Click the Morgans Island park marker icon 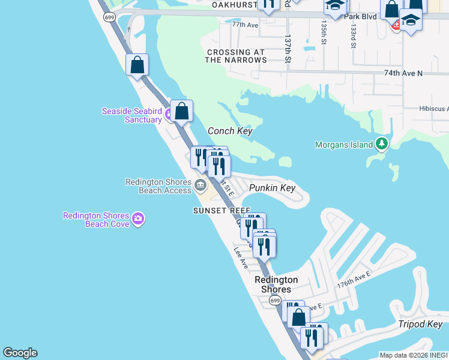[x=381, y=144]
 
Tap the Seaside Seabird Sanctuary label [x=131, y=115]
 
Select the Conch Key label [x=229, y=131]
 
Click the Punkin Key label [x=273, y=188]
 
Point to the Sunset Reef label [x=221, y=211]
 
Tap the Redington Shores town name [x=276, y=284]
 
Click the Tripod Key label [x=420, y=324]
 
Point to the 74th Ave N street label [x=403, y=73]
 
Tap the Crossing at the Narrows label [x=236, y=56]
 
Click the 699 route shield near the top [x=109, y=17]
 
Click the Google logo [x=20, y=353]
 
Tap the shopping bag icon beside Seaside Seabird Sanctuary [x=181, y=111]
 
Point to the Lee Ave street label [x=241, y=257]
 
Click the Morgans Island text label [x=344, y=145]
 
